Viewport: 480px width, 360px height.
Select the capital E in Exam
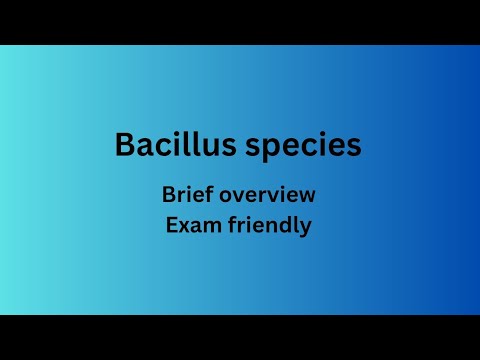171,225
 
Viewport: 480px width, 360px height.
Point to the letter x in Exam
184,227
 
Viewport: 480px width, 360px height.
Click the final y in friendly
306,229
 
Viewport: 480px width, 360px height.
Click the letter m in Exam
209,227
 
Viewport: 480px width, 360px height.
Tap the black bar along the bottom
240,337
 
